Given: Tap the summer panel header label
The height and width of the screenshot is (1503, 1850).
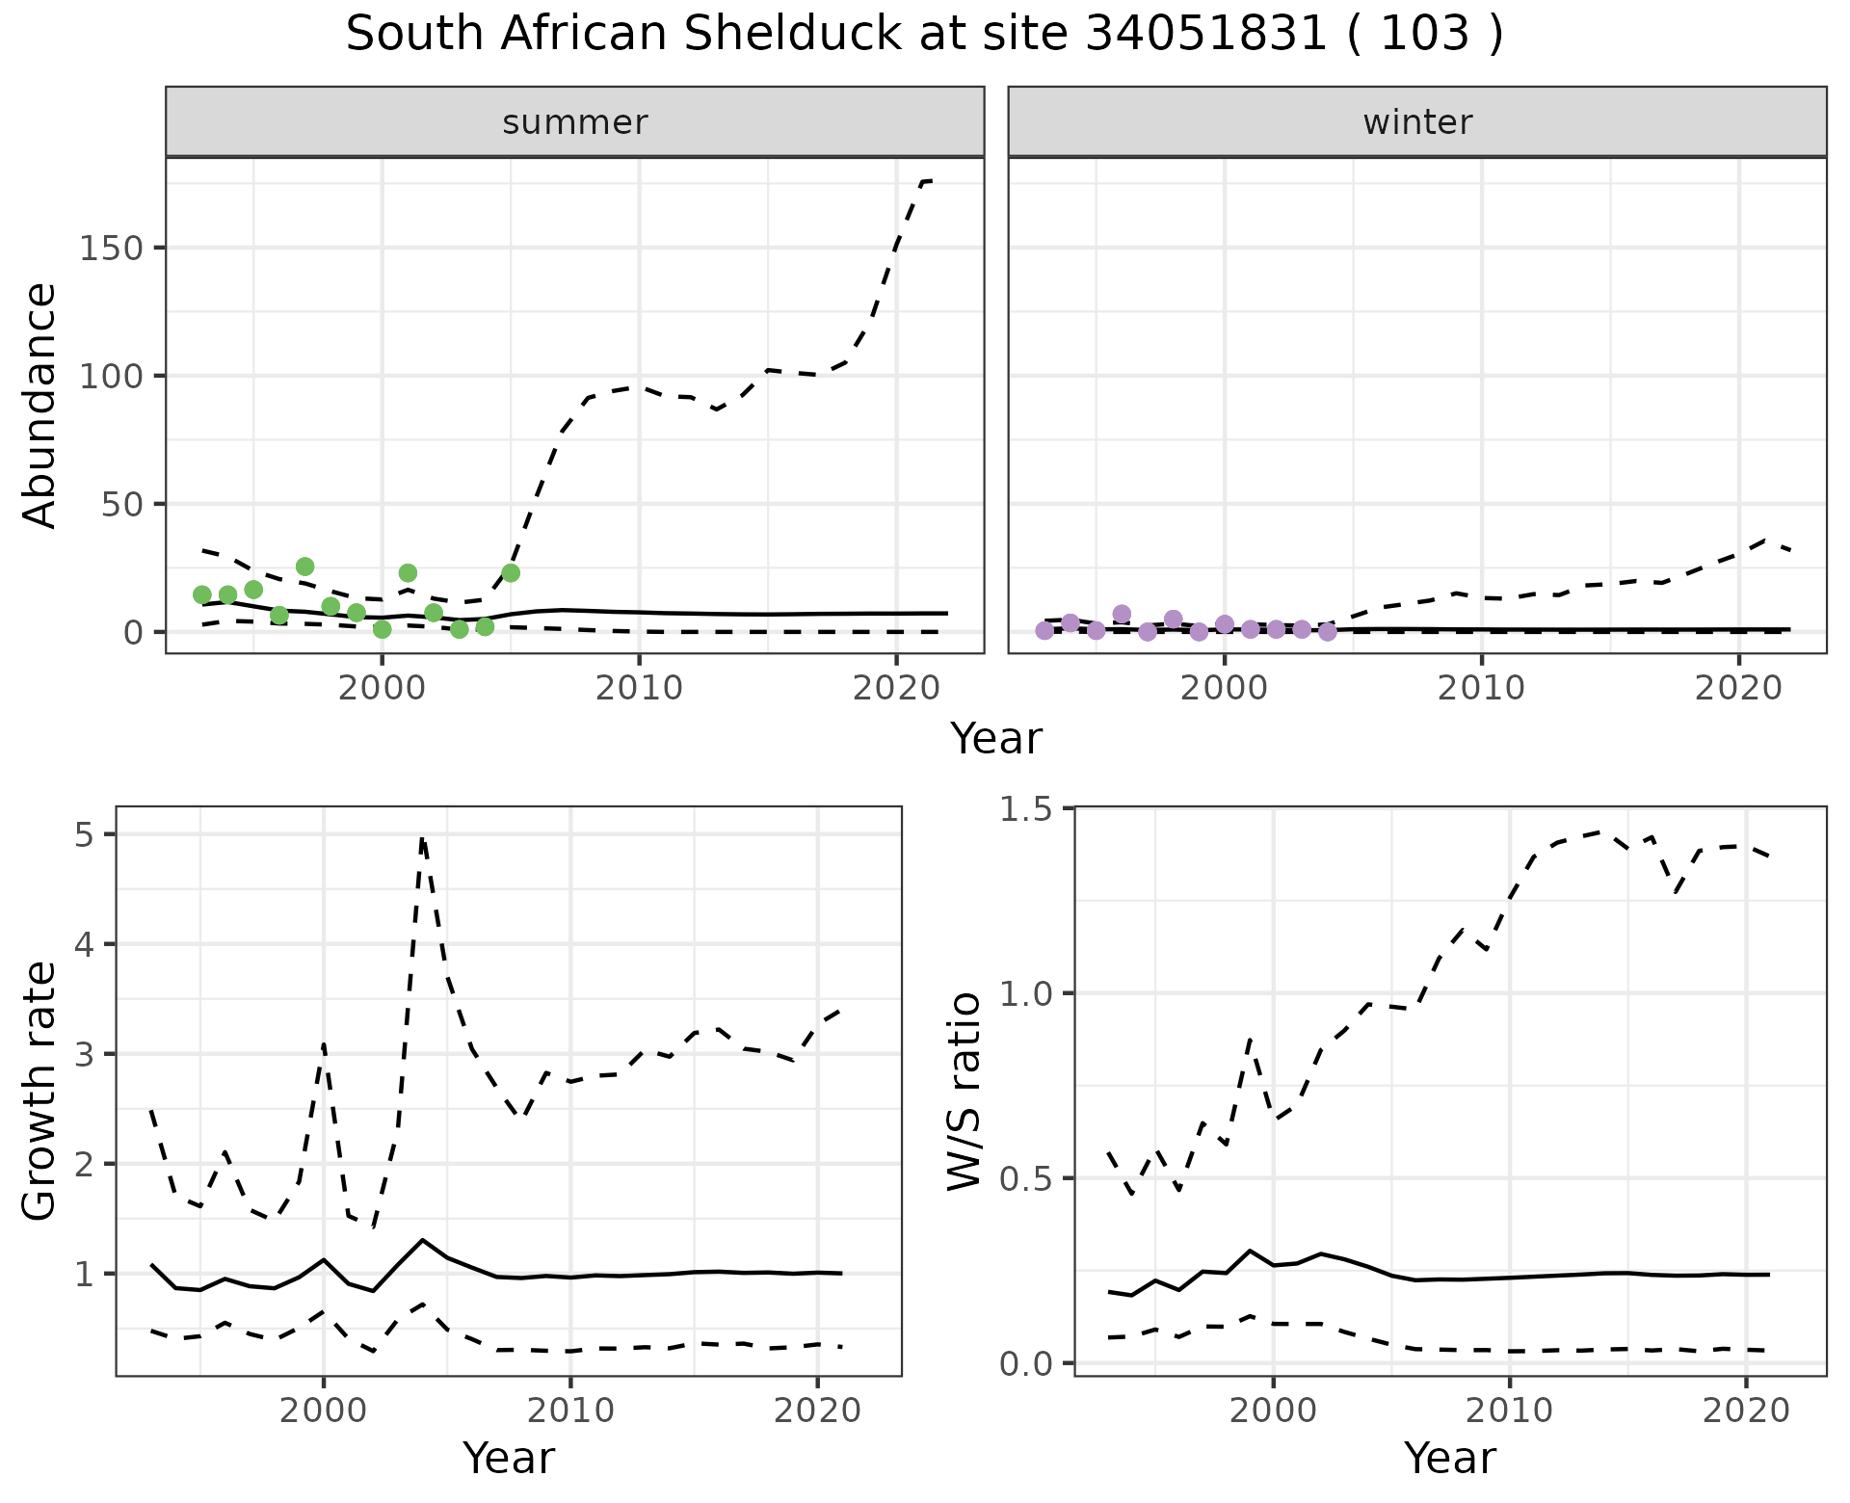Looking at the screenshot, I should click(x=575, y=122).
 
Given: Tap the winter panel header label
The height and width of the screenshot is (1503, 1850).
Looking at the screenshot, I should click(x=1417, y=122).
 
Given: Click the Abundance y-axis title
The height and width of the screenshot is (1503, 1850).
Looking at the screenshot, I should click(x=40, y=406).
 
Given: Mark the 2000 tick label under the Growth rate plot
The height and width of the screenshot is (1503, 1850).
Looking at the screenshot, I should click(x=324, y=1411).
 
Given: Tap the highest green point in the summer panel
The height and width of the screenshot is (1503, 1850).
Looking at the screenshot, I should click(x=304, y=567).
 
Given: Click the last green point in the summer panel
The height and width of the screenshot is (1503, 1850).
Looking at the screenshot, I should click(x=511, y=572).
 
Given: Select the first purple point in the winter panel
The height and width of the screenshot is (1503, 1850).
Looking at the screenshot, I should click(x=1044, y=630).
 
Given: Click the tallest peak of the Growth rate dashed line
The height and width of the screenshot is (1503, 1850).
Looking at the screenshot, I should click(x=422, y=839).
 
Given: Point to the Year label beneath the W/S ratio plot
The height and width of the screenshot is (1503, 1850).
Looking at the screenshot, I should click(x=1449, y=1458).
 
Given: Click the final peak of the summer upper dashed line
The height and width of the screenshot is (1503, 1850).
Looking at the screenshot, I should click(x=927, y=180).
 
